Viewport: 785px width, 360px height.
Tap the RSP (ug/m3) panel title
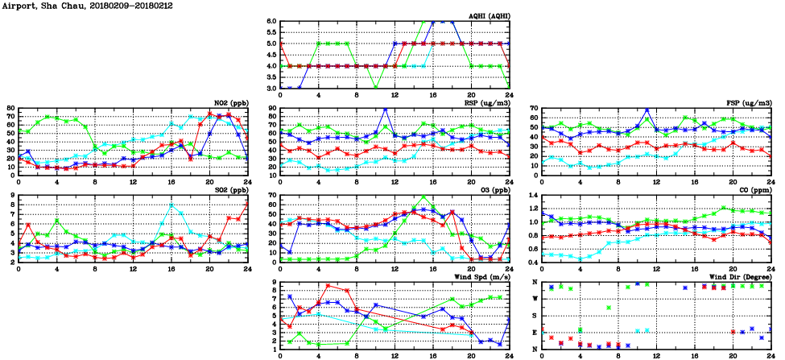482,103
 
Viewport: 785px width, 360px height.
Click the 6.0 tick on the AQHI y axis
271,22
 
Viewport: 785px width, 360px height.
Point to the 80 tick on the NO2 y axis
10,108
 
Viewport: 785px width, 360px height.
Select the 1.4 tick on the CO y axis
533,196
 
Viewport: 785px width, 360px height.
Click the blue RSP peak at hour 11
385,109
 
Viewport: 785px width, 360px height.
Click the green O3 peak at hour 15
423,196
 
